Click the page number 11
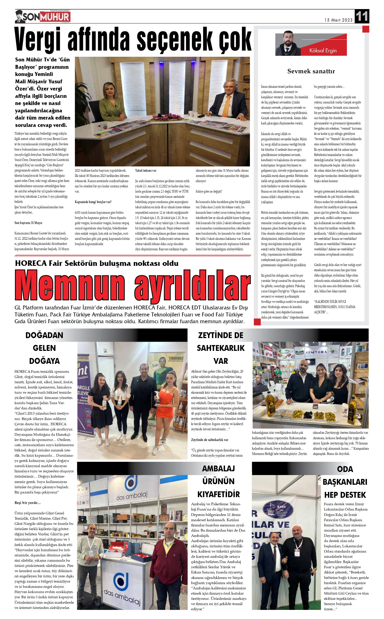(362, 16)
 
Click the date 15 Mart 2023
(338, 20)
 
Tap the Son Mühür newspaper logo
(43, 17)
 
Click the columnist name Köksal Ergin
(323, 50)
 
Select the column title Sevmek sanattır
(311, 71)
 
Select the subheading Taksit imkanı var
(146, 170)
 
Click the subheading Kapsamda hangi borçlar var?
(93, 202)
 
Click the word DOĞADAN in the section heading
(44, 335)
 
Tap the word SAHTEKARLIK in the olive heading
(220, 348)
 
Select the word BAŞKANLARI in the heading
(345, 482)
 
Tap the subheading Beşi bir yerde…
(27, 503)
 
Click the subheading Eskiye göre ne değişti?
(209, 191)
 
